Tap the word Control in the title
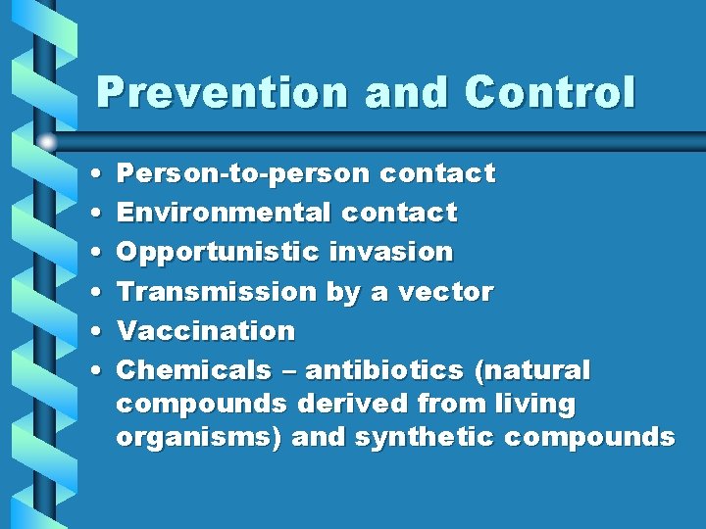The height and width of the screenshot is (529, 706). pos(550,93)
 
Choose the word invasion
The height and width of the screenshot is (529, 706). pos(391,252)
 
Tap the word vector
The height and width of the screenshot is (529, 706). pos(448,291)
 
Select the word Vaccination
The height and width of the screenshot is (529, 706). pos(206,331)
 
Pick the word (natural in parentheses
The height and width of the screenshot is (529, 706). pos(533,370)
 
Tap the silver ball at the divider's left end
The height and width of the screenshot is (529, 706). pos(48,141)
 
